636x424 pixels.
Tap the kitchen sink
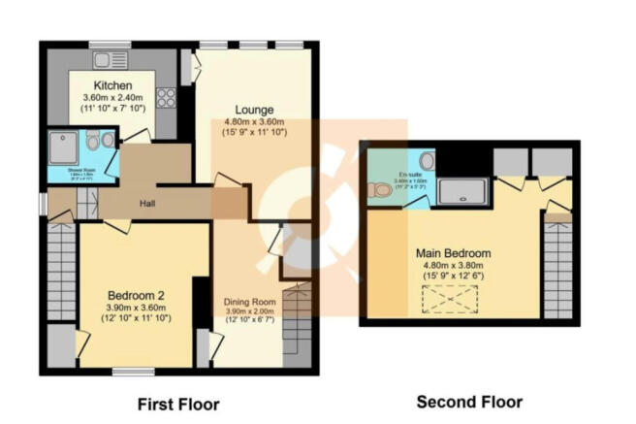[105, 60]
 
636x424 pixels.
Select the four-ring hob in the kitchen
[165, 97]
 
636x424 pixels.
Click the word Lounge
[253, 109]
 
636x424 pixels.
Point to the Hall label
[147, 204]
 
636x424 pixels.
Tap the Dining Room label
[250, 302]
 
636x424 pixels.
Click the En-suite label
[392, 176]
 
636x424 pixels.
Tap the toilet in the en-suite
[381, 190]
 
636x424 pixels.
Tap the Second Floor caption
[469, 402]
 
